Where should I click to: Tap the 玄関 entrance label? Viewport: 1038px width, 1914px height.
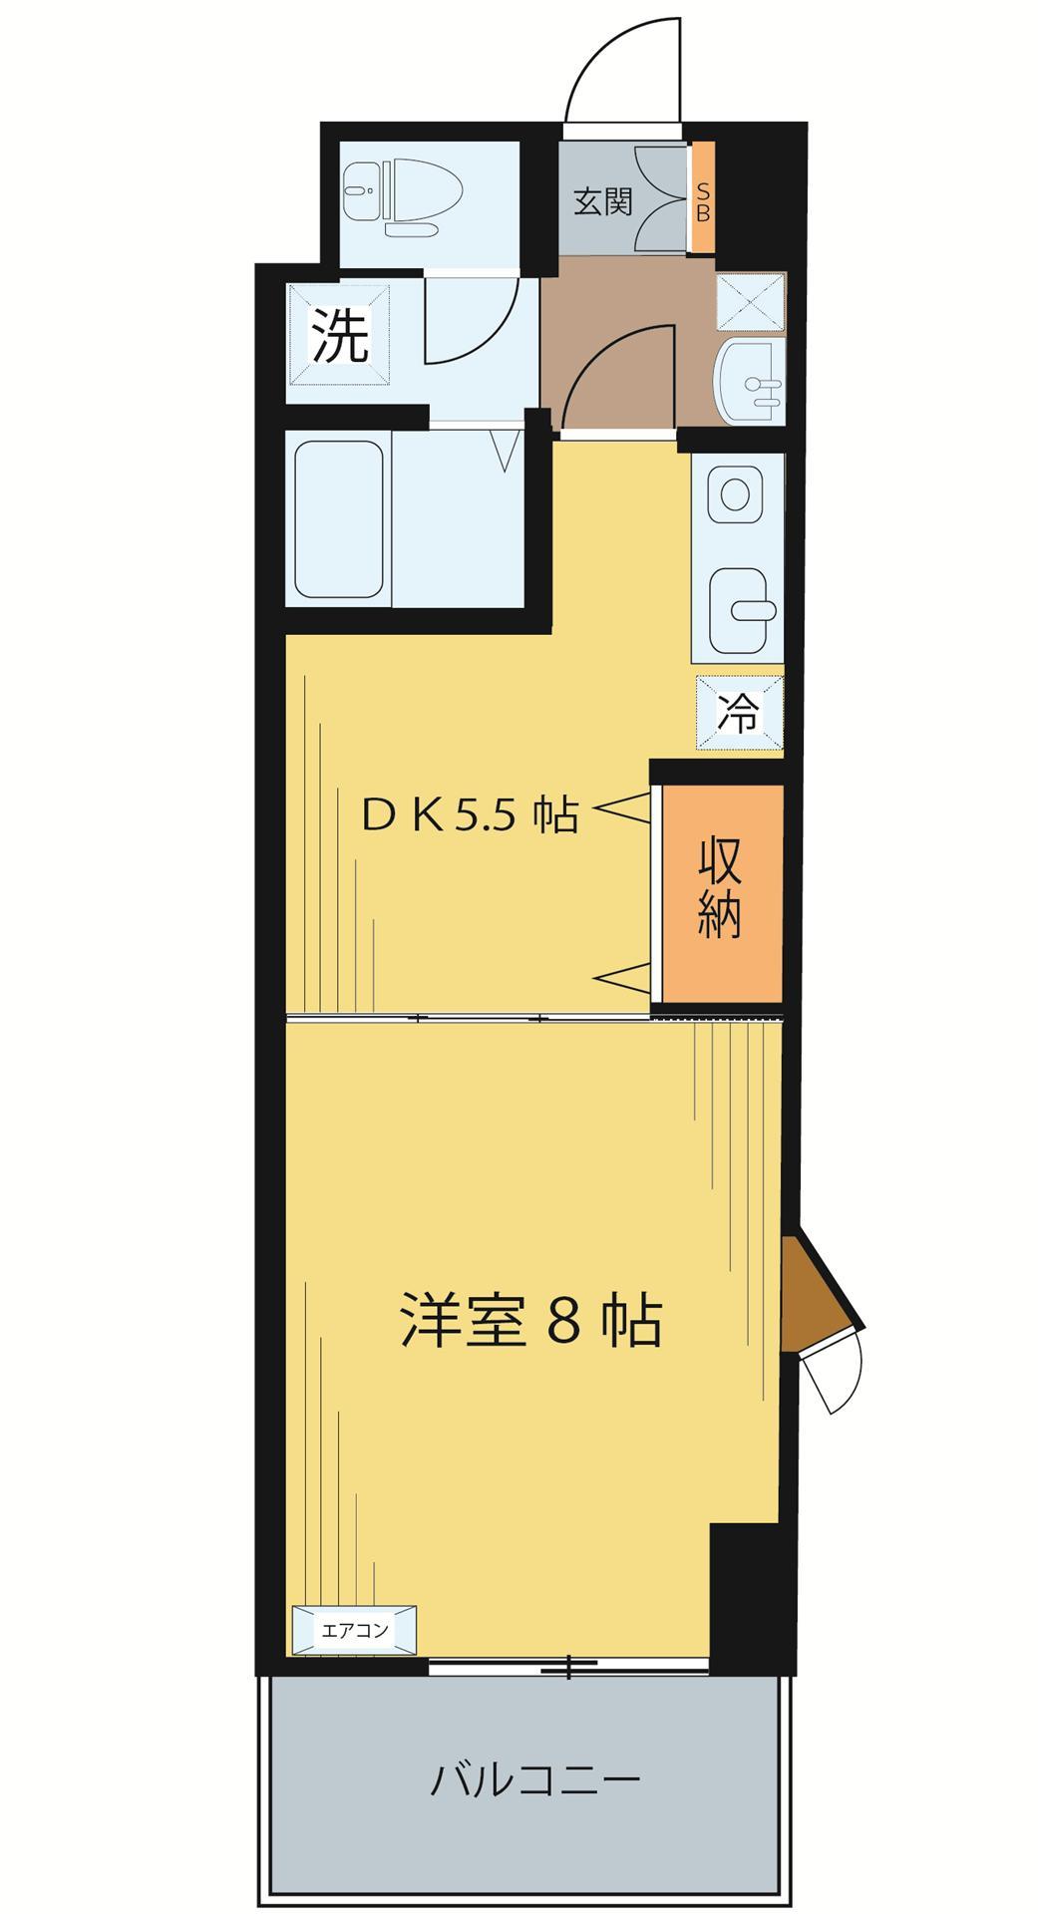click(602, 201)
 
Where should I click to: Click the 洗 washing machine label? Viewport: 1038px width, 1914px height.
click(340, 335)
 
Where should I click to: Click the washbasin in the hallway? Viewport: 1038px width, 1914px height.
click(750, 380)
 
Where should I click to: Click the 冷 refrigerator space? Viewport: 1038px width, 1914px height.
click(739, 713)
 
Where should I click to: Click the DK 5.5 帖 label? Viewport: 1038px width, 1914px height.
click(469, 816)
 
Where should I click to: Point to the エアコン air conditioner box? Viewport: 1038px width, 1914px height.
click(354, 1631)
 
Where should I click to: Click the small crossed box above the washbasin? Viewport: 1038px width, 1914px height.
click(750, 301)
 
